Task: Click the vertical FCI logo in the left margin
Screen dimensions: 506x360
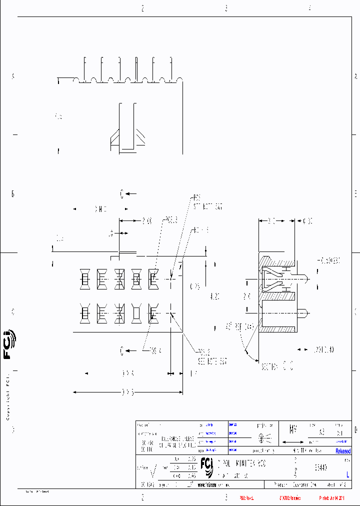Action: (7, 345)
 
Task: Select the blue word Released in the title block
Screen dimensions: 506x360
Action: (343, 451)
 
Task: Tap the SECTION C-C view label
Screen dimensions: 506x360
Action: (276, 366)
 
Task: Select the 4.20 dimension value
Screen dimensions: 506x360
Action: (214, 296)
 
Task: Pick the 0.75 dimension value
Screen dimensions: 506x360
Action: (195, 286)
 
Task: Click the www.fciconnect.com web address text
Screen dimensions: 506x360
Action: (215, 485)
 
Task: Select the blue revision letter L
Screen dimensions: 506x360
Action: (347, 475)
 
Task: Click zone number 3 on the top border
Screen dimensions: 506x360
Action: (226, 8)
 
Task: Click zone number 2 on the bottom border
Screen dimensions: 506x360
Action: (142, 497)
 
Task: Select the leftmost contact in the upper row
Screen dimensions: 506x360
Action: (84, 278)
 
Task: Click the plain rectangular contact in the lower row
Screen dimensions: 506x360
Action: (135, 313)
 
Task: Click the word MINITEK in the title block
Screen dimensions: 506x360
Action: (245, 464)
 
